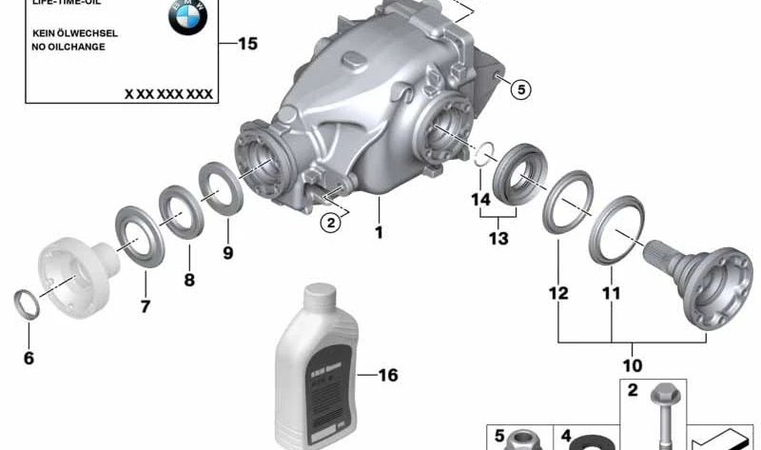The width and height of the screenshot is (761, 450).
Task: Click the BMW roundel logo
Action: coord(187,17)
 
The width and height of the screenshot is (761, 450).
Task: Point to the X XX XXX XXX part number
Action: coord(168,94)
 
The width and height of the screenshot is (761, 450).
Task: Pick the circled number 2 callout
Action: coord(329,224)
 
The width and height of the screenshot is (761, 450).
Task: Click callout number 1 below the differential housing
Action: coord(378,231)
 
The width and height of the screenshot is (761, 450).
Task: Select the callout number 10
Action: coord(632,364)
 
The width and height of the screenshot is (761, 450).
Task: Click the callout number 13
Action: coord(499,238)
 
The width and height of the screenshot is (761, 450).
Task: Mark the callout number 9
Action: coord(226,253)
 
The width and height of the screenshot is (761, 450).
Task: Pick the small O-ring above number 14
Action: coord(484,153)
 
